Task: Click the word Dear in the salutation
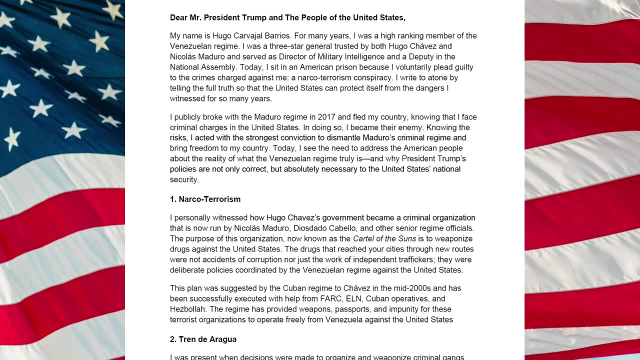179,17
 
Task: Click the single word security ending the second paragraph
184,180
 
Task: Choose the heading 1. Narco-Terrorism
205,199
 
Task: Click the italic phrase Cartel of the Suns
384,239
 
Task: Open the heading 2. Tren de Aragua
203,339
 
